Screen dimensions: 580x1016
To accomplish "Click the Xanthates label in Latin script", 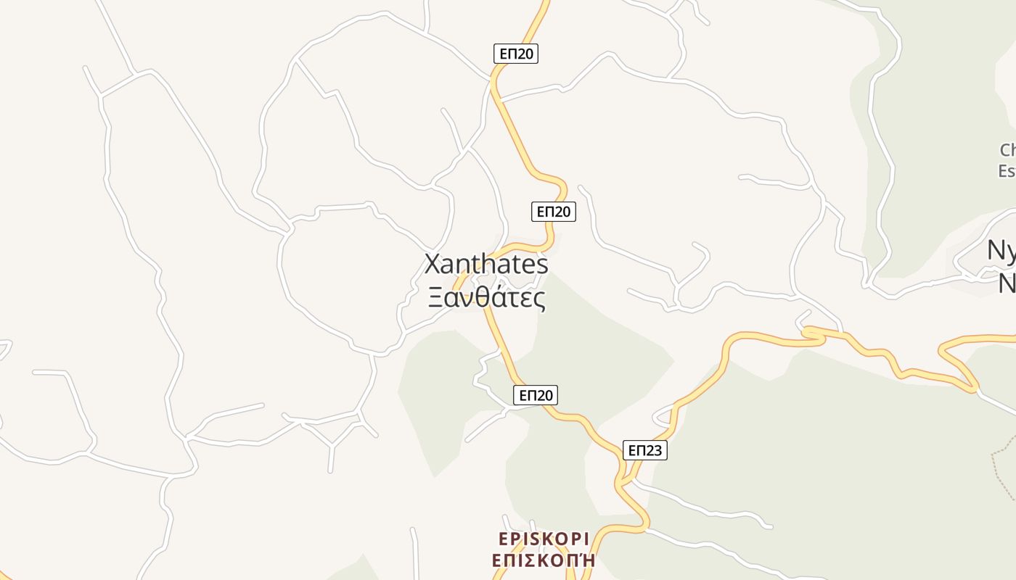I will pos(486,264).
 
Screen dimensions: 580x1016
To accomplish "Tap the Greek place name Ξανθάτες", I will pos(486,297).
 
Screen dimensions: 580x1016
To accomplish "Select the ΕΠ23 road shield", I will pos(644,450).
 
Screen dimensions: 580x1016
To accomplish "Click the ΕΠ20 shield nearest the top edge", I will pos(516,54).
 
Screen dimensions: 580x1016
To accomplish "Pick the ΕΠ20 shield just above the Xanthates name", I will pos(554,212).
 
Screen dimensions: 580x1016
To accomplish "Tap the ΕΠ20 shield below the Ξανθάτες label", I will pos(536,395).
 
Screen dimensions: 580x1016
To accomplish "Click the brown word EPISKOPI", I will pos(544,539).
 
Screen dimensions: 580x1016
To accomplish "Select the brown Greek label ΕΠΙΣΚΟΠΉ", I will pos(544,560).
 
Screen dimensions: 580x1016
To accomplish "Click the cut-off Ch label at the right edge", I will pos(1007,150).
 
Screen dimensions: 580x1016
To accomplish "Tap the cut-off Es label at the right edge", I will pos(1007,171).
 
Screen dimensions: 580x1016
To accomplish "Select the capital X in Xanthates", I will pos(433,264).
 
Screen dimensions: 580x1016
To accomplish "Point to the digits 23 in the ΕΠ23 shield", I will pos(653,450).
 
